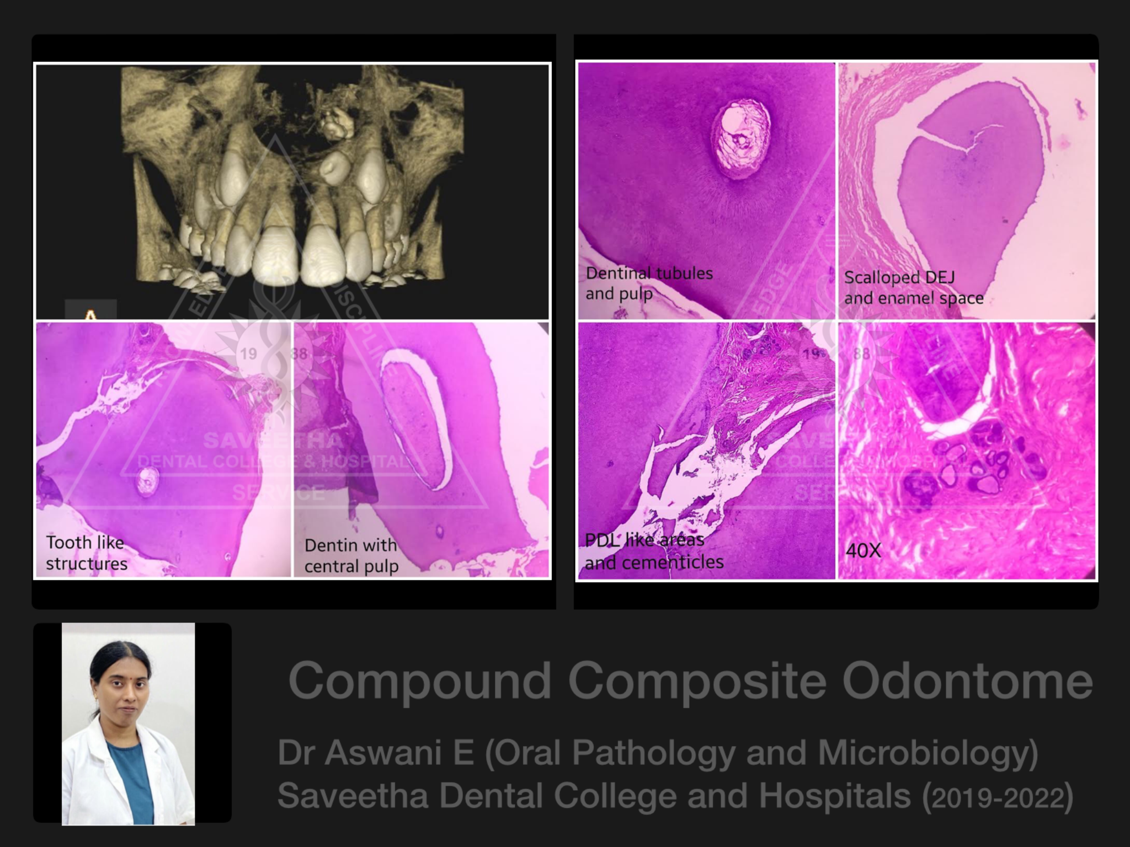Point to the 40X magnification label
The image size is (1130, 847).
click(x=863, y=550)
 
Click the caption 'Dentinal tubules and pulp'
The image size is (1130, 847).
click(x=649, y=283)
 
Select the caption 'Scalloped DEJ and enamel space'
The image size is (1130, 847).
click(x=913, y=287)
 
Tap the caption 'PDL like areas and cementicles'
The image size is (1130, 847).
click(x=653, y=551)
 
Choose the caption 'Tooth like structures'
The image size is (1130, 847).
click(x=86, y=553)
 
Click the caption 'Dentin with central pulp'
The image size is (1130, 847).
click(x=351, y=555)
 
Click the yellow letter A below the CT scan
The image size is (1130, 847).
click(x=90, y=314)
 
